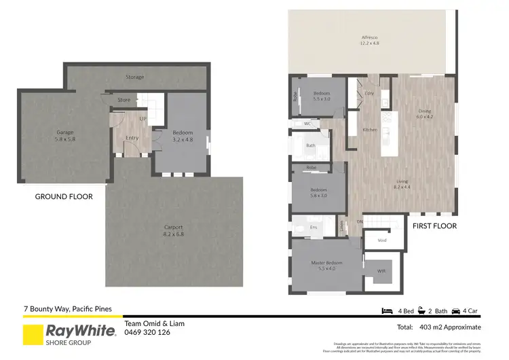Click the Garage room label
(65, 135)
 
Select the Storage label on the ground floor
(134, 77)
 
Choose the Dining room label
(425, 113)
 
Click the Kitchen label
(370, 130)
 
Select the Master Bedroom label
(327, 266)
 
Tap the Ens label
(314, 227)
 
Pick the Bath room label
(311, 145)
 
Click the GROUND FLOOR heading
(64, 197)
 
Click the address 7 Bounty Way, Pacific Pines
(62, 309)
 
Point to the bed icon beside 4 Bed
(388, 310)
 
